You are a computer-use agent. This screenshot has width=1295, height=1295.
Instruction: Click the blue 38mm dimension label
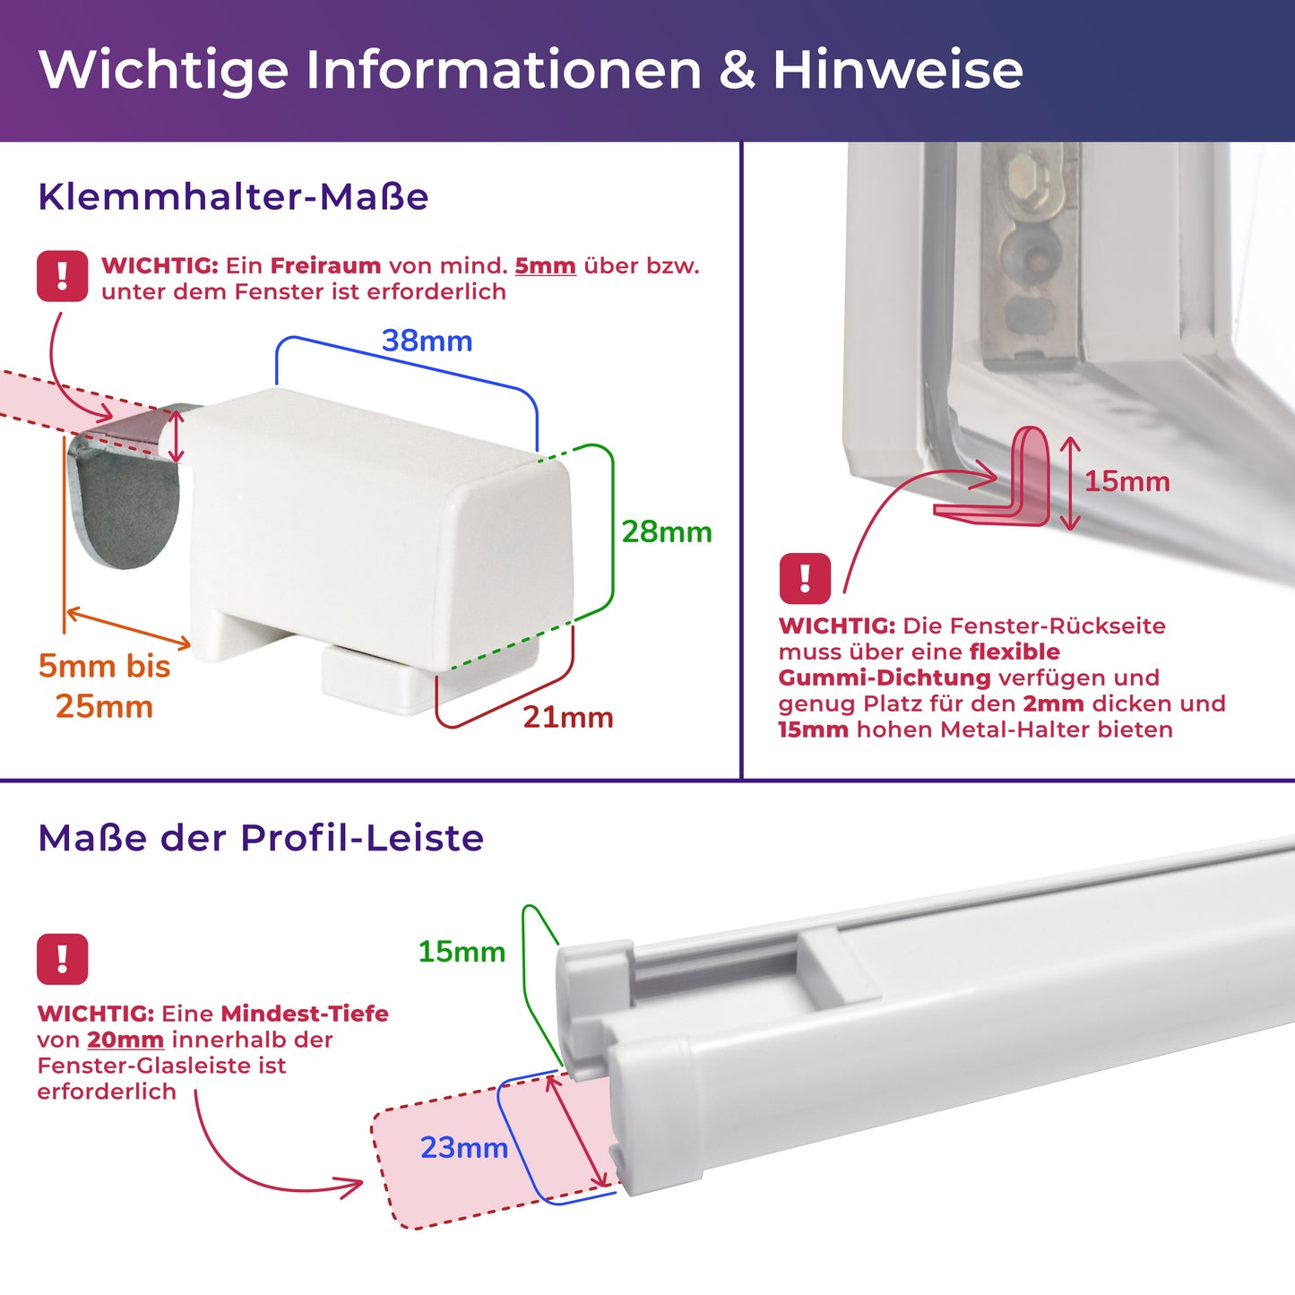point(427,341)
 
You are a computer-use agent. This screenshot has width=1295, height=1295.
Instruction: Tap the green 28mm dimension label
point(667,531)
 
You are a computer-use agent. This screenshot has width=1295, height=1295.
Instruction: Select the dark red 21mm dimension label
point(568,717)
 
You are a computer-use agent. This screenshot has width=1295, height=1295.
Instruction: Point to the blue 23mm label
point(463,1147)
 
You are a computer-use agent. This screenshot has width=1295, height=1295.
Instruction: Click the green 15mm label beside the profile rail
point(462,951)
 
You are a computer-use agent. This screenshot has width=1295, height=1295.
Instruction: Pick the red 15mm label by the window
point(1127,481)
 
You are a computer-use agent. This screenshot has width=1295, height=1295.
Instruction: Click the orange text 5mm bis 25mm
point(104,686)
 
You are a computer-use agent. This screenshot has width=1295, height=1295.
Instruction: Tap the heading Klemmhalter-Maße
point(233,197)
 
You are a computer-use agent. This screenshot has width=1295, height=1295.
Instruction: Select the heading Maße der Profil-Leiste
point(261,838)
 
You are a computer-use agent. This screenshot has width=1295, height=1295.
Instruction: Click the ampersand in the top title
point(737,70)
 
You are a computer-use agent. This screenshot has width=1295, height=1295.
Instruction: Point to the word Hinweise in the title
point(898,69)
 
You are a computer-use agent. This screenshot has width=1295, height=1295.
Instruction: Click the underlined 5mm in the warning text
point(545,266)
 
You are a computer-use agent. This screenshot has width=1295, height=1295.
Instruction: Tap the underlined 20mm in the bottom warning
point(125,1039)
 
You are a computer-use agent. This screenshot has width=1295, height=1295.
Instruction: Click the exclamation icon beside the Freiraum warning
point(63,276)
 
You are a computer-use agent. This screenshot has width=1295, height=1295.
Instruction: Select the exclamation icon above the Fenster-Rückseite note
point(805,578)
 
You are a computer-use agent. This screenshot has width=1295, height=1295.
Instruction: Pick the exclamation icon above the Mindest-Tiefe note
point(63,959)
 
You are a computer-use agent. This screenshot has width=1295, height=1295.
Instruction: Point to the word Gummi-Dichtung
point(885,678)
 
